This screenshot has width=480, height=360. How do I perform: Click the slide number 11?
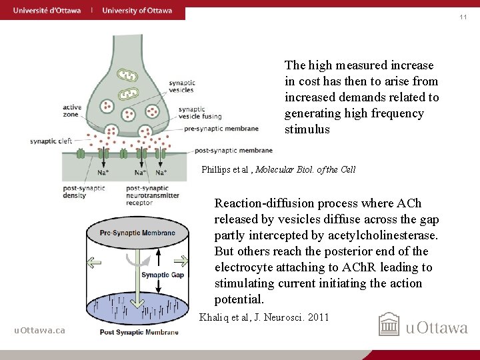coord(463,17)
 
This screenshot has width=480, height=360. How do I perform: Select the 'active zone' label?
coord(72,110)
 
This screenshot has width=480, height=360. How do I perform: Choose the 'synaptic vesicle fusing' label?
coord(192,113)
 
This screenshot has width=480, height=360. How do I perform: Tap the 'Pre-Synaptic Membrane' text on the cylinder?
coord(137,233)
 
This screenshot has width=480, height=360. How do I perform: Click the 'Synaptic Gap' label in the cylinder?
coord(163,275)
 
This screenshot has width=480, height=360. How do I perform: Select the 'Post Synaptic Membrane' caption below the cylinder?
coord(139,332)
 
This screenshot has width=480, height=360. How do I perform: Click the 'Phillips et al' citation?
coord(278,169)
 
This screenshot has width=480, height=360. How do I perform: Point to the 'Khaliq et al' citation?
coord(264,317)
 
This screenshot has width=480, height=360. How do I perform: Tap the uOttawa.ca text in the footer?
coord(40,330)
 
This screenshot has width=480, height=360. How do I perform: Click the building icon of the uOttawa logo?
coord(389,325)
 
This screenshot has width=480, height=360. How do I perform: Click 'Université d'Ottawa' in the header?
coord(47,11)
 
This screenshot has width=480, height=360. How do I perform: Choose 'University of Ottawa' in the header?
coord(137,11)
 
